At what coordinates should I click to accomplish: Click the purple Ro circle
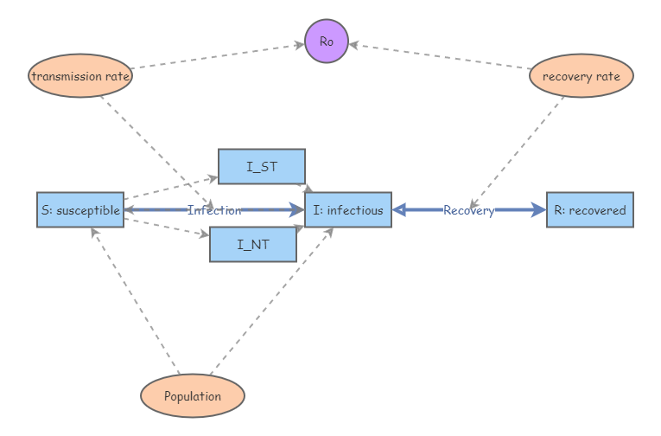[327, 42]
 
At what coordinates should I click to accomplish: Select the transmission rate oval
[80, 76]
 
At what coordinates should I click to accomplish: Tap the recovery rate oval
[581, 76]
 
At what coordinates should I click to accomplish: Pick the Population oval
[193, 396]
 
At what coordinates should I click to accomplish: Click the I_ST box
[261, 167]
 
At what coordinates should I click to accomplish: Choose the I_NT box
[252, 245]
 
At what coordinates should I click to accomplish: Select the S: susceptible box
[79, 210]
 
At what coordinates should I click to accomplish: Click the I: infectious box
[348, 210]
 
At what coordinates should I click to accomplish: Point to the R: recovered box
[590, 210]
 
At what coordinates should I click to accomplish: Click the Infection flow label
[214, 210]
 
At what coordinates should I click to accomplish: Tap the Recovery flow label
[468, 210]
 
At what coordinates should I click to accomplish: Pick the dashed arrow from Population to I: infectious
[268, 303]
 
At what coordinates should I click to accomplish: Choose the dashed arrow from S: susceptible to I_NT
[166, 227]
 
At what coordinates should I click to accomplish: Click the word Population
[193, 397]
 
